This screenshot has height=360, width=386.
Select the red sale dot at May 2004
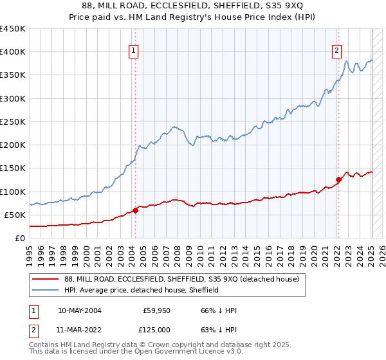[x=136, y=210]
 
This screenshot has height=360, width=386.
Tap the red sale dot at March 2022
[x=338, y=180]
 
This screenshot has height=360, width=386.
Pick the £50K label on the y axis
[x=15, y=215]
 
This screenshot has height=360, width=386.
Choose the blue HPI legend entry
[x=142, y=291]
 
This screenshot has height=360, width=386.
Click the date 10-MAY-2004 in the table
[x=79, y=310]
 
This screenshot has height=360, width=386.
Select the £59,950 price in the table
[x=156, y=310]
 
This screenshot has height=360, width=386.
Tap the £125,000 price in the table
[x=155, y=329]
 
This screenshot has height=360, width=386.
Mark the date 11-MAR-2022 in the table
[x=79, y=329]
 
